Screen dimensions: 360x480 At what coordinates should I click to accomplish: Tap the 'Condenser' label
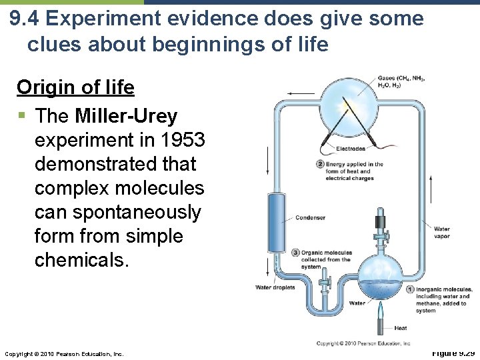pyautogui.click(x=310, y=217)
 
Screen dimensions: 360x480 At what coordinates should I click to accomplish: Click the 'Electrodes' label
pyautogui.click(x=351, y=149)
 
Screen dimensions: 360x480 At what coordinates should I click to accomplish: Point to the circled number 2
pyautogui.click(x=320, y=164)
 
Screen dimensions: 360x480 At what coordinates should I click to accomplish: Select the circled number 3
pyautogui.click(x=295, y=253)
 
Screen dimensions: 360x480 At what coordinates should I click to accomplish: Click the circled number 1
pyautogui.click(x=410, y=289)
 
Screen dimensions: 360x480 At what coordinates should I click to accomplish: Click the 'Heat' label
pyautogui.click(x=401, y=328)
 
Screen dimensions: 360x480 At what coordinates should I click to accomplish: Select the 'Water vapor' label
pyautogui.click(x=441, y=233)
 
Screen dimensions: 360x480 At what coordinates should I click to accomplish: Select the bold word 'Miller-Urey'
pyautogui.click(x=126, y=116)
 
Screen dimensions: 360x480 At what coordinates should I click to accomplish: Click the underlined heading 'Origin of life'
pyautogui.click(x=75, y=87)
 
